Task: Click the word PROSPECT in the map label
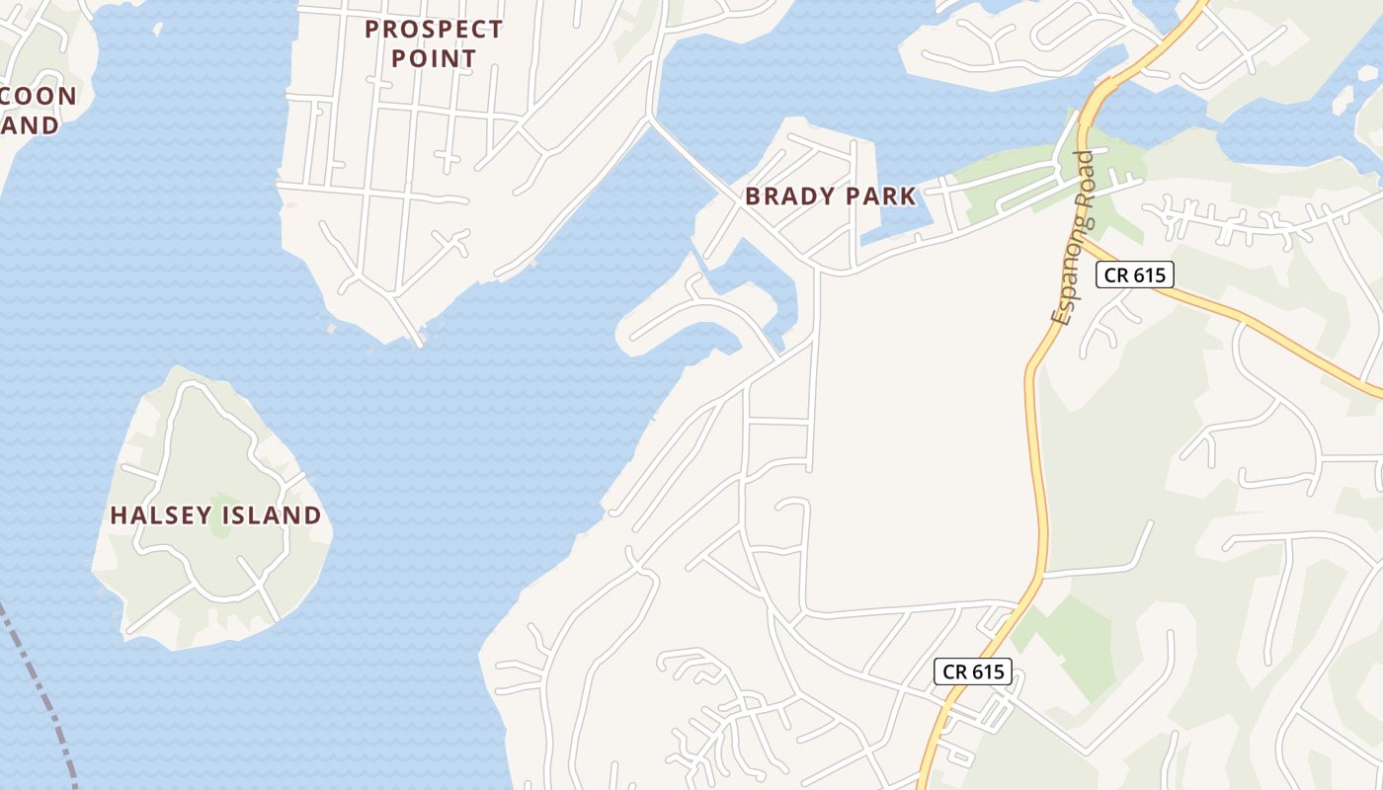click(434, 29)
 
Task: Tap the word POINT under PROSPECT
click(434, 58)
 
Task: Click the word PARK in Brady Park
click(878, 196)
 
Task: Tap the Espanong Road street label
click(1074, 238)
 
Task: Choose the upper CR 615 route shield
click(1135, 275)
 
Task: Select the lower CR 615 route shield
click(973, 671)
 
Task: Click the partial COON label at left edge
click(39, 96)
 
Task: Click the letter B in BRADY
click(753, 196)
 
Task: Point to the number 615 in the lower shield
click(987, 671)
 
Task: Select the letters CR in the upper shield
click(1116, 275)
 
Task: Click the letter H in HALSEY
click(118, 515)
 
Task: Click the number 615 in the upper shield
click(1149, 275)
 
